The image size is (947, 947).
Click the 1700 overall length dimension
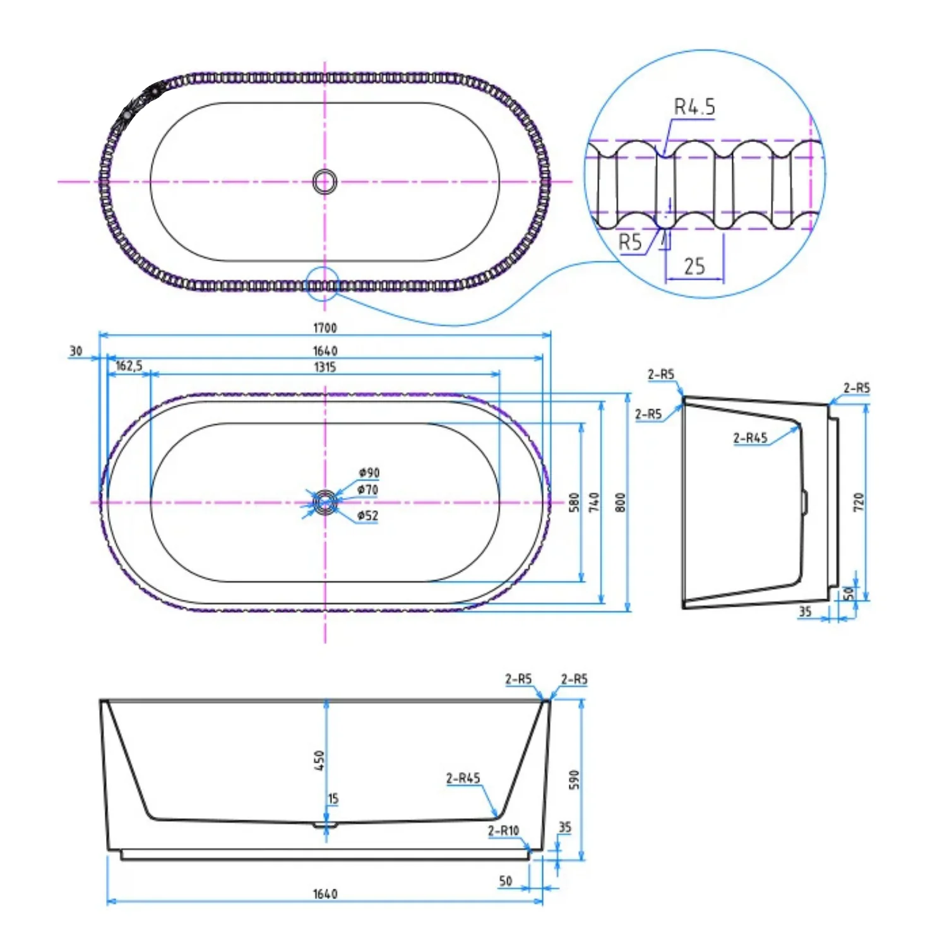(325, 328)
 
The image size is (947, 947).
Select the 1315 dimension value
(325, 367)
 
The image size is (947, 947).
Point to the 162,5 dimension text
(129, 366)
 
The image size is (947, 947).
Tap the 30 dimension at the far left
(76, 351)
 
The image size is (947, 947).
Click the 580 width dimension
(574, 503)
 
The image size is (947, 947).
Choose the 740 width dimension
(594, 503)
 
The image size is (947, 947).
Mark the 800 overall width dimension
(621, 503)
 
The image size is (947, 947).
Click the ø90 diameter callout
(369, 473)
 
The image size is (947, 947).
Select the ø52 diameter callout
(367, 516)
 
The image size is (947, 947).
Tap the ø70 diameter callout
(367, 490)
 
